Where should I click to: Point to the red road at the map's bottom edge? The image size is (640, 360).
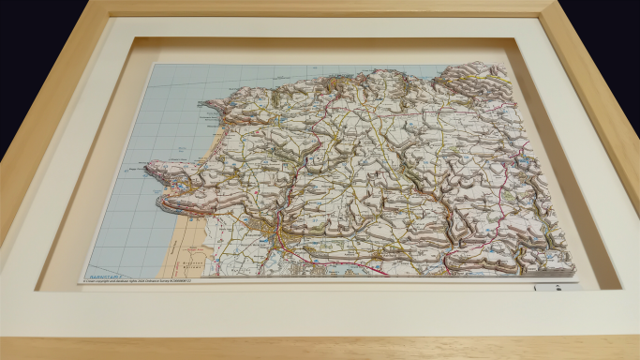click(x=375, y=271)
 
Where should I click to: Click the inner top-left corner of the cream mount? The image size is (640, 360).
click(x=137, y=38)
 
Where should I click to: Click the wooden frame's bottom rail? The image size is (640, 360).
click(x=320, y=348)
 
